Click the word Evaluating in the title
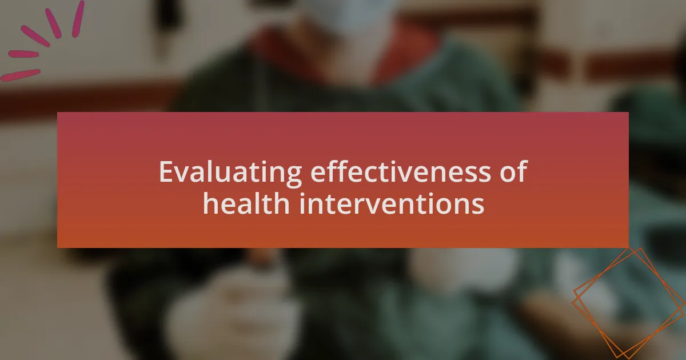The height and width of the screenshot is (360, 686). (x=230, y=173)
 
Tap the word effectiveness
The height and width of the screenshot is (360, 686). (x=401, y=171)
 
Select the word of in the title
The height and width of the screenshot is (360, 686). (x=513, y=171)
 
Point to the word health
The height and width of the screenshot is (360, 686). (x=246, y=203)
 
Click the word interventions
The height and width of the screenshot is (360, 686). (x=392, y=203)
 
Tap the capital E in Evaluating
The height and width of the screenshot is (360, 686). (x=167, y=172)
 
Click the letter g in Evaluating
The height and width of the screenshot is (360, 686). (x=294, y=177)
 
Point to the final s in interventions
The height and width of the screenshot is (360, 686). (x=478, y=206)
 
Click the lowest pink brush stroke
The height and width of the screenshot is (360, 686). (x=20, y=75)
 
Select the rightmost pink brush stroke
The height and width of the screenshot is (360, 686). (x=78, y=19)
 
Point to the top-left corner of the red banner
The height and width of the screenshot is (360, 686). (x=58, y=113)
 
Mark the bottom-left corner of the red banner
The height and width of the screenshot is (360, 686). (x=58, y=247)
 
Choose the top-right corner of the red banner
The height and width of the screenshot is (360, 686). (x=628, y=113)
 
